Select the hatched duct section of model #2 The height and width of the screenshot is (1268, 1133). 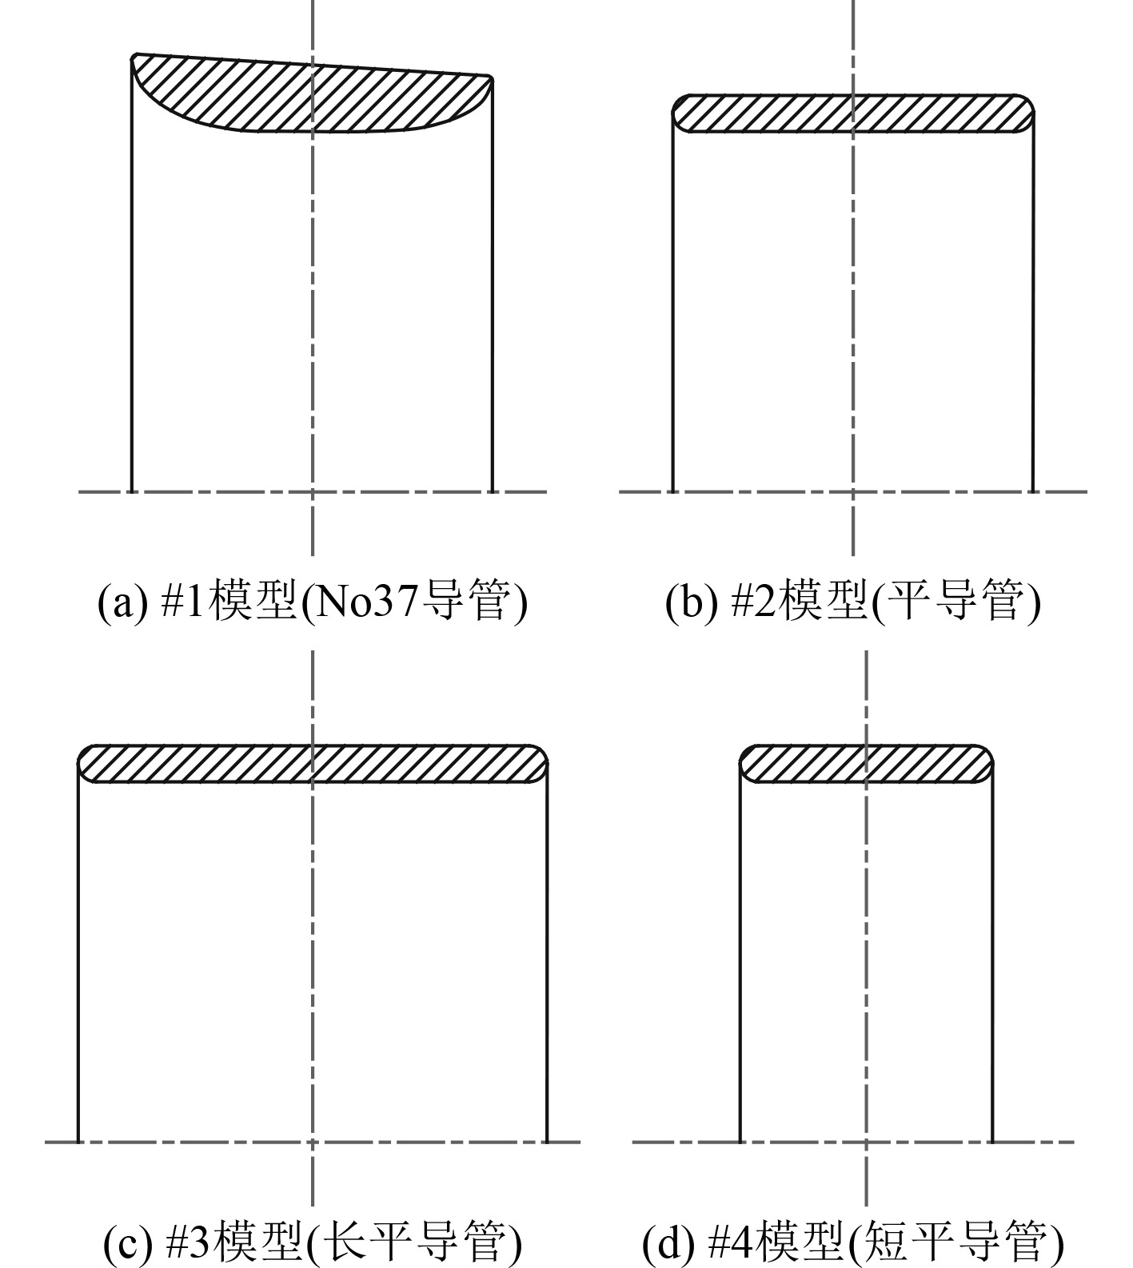point(852,113)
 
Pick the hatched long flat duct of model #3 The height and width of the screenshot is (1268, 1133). point(312,764)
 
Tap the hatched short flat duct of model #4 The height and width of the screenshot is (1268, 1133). point(866,764)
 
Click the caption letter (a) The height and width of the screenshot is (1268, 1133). point(122,602)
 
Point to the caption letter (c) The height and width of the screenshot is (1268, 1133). point(127,1241)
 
